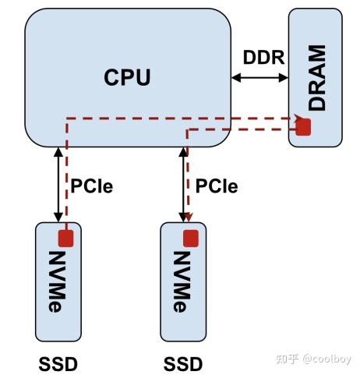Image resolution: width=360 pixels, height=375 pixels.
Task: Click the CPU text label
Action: click(127, 78)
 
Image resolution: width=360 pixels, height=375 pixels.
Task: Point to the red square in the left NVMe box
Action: click(65, 238)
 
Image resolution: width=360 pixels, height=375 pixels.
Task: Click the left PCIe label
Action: click(92, 187)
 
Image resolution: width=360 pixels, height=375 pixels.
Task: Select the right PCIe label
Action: click(217, 187)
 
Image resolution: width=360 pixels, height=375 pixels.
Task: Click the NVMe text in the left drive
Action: click(58, 281)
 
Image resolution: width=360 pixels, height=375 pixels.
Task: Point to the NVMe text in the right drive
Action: click(182, 281)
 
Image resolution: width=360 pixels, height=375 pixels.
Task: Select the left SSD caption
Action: click(58, 363)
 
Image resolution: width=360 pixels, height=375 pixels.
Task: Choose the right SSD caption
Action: click(183, 363)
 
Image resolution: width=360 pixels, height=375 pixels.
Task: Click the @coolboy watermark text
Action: click(327, 359)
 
